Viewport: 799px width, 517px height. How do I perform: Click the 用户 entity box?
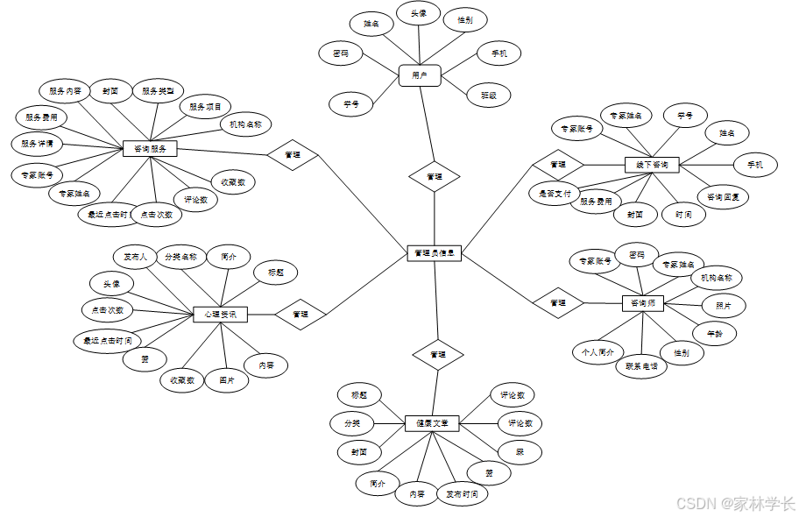419,75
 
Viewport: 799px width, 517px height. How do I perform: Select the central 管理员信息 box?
435,253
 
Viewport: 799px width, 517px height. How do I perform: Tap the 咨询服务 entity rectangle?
150,149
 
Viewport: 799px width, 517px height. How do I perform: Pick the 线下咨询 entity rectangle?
651,164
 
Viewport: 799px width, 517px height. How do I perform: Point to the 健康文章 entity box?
432,423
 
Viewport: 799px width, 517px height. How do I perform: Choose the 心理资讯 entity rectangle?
220,314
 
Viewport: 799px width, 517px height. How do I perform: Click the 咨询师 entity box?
643,303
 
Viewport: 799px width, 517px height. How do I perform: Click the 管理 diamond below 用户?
435,176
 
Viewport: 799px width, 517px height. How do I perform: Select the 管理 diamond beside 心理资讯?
301,314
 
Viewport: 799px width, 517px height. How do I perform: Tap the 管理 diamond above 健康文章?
438,354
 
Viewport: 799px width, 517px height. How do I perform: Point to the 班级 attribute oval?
488,96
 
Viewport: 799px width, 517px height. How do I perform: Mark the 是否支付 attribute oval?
555,193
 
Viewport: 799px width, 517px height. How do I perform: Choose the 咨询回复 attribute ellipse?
722,197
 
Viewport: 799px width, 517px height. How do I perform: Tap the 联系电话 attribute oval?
641,367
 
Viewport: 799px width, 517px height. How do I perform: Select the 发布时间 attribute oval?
462,494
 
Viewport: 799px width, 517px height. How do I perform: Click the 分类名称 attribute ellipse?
181,258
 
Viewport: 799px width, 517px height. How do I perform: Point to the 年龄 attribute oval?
714,334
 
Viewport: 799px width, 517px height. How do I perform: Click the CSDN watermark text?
734,503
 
